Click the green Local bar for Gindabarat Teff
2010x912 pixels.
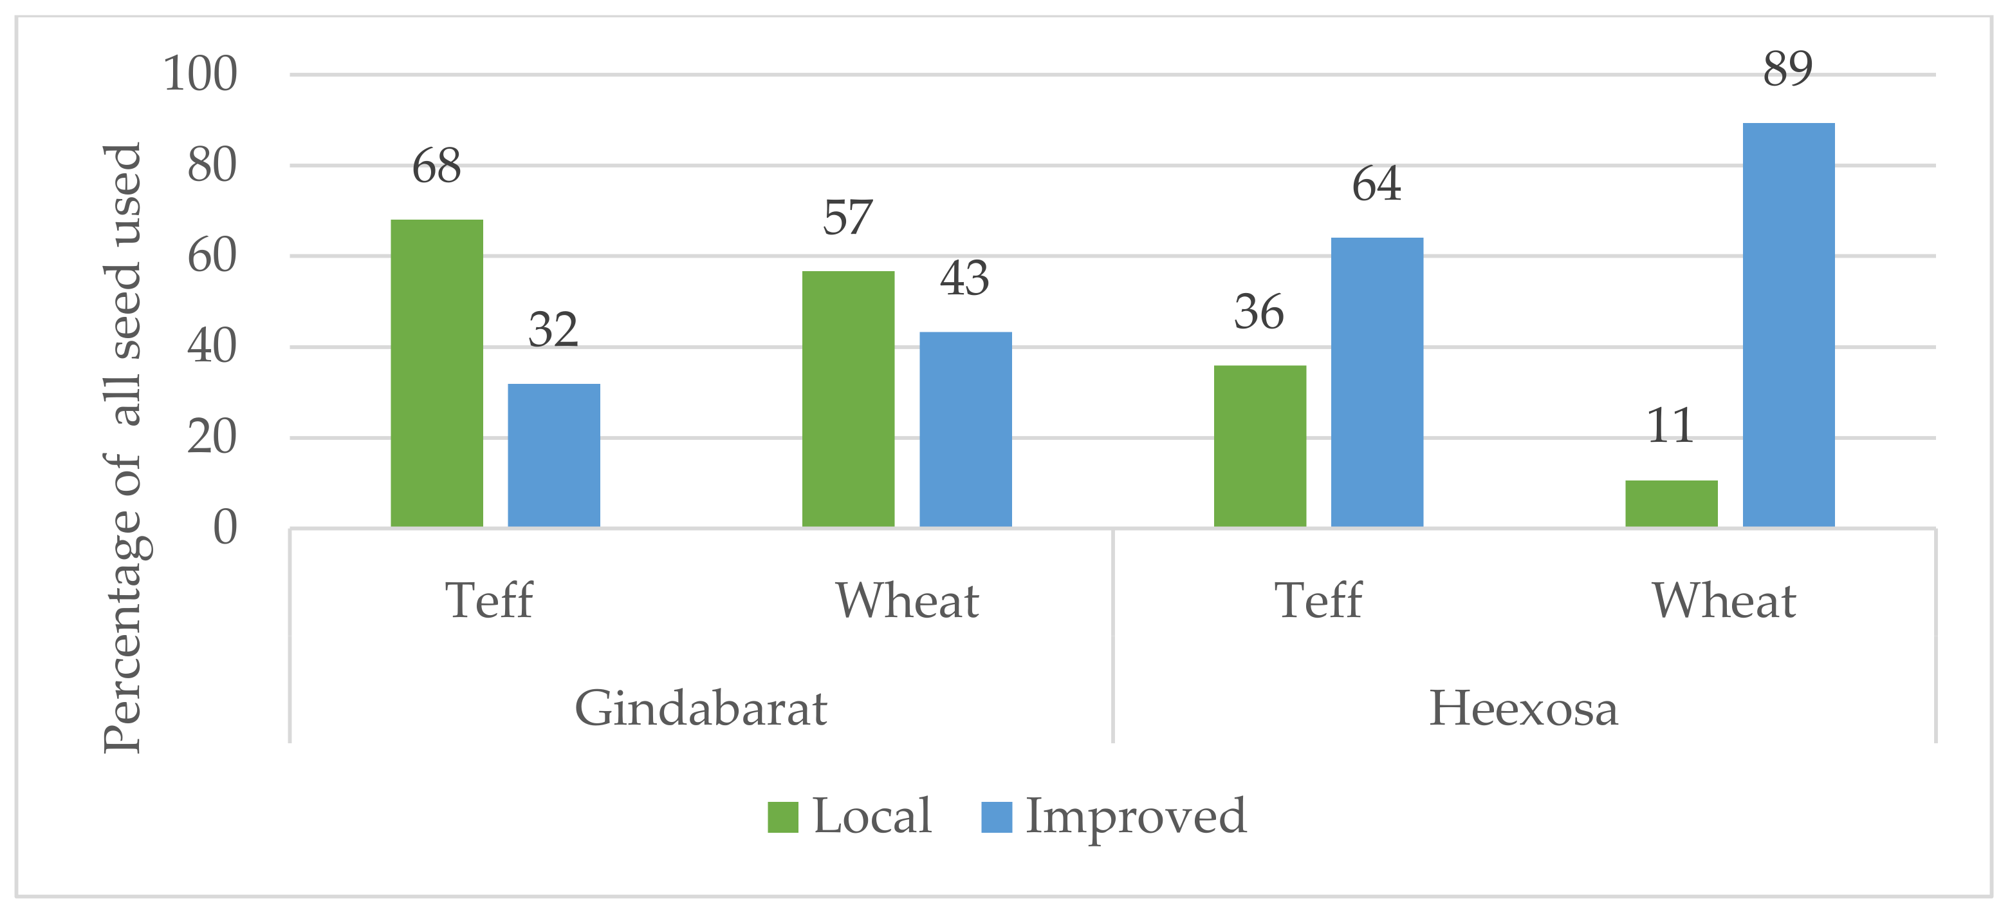[x=436, y=373]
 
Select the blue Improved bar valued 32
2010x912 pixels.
[x=554, y=455]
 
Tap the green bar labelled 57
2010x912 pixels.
[x=848, y=399]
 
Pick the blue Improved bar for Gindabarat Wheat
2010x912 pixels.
[x=965, y=430]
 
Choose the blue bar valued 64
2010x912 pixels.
[x=1376, y=382]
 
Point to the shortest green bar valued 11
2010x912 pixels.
[x=1672, y=504]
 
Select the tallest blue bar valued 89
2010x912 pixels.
[x=1789, y=325]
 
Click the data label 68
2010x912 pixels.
[x=436, y=166]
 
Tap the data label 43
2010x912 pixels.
[x=964, y=279]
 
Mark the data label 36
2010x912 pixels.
[x=1259, y=312]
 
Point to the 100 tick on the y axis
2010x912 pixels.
[x=199, y=75]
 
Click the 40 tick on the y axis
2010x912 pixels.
[x=212, y=347]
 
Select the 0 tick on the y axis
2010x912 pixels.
[x=225, y=528]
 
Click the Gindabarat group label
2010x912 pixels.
[x=700, y=709]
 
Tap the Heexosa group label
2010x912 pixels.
[x=1522, y=709]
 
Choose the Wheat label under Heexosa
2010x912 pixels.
[x=1724, y=601]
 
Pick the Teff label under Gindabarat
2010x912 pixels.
[x=488, y=601]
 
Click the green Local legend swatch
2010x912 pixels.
[x=782, y=817]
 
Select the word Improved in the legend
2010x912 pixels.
[x=1136, y=817]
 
